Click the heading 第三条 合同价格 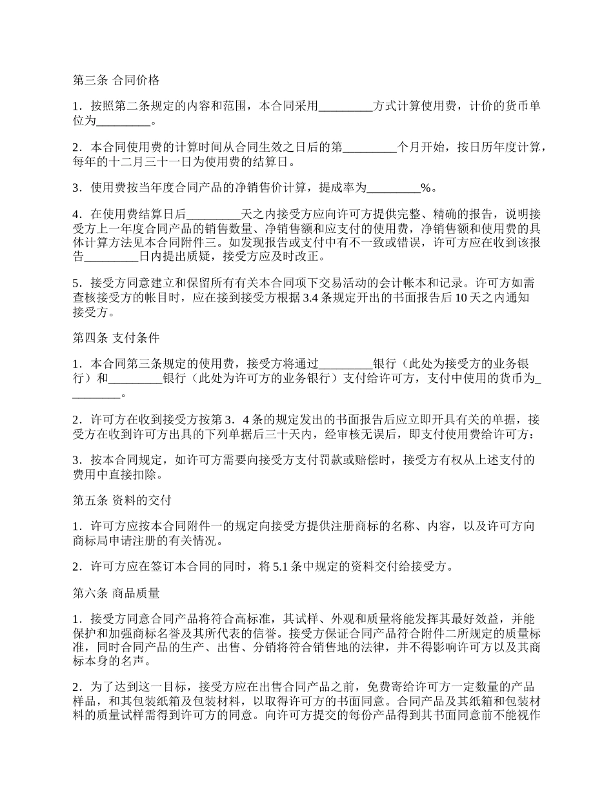116,81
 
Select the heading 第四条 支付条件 116,337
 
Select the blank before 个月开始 369,147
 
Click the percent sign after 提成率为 425,188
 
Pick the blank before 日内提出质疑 112,257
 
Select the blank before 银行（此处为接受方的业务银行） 346,363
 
